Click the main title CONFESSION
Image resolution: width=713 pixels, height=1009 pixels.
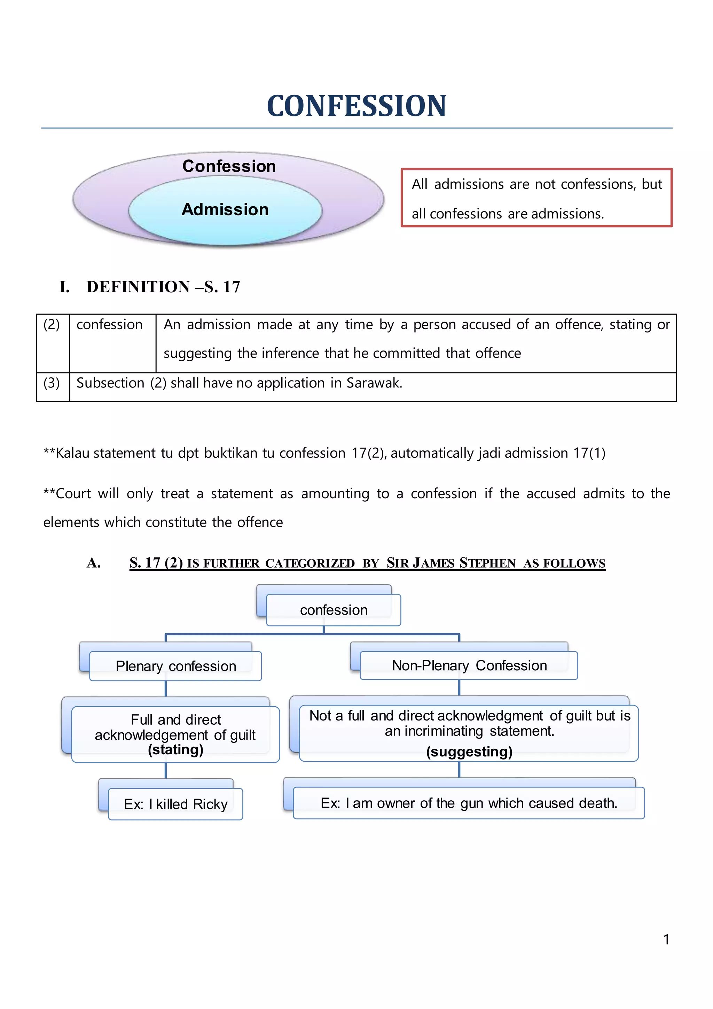tap(356, 106)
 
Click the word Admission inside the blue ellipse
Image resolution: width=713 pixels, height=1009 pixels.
tap(225, 210)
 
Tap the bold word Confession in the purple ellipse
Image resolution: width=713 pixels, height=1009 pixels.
tap(229, 166)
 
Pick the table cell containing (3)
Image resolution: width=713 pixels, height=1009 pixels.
tap(52, 383)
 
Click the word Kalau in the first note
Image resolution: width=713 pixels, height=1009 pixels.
tap(73, 453)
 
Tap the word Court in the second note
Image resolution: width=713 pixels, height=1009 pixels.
tap(73, 493)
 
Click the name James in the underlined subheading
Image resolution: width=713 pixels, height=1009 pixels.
tap(434, 563)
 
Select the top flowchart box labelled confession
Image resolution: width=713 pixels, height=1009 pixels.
tap(334, 610)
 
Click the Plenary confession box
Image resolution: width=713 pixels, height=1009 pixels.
tap(175, 666)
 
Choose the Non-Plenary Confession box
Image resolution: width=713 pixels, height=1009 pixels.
tap(469, 665)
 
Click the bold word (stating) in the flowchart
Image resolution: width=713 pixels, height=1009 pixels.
tap(175, 750)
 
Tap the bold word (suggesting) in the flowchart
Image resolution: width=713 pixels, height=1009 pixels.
tap(469, 752)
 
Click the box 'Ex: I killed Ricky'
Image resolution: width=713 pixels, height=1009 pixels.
tap(175, 804)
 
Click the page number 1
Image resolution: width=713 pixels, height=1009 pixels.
tap(666, 940)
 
